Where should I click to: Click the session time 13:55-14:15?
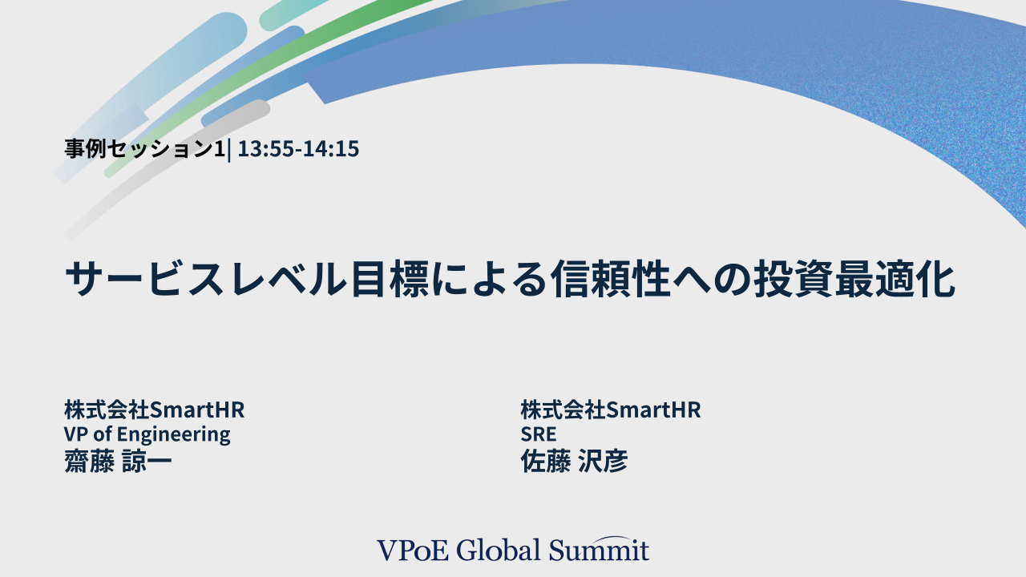tap(298, 149)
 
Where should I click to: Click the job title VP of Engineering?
tap(147, 434)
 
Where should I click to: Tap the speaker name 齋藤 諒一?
tap(118, 461)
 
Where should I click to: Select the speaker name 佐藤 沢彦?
tap(574, 461)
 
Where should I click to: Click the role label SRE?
tap(539, 434)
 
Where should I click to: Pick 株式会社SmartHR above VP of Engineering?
tap(155, 410)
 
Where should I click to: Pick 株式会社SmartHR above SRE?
tap(611, 410)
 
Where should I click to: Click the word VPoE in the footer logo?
tap(413, 551)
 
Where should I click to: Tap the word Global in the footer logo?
tap(499, 550)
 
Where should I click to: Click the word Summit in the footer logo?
tap(599, 551)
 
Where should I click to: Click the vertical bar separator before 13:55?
tap(229, 150)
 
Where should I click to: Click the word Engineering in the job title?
tap(174, 434)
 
